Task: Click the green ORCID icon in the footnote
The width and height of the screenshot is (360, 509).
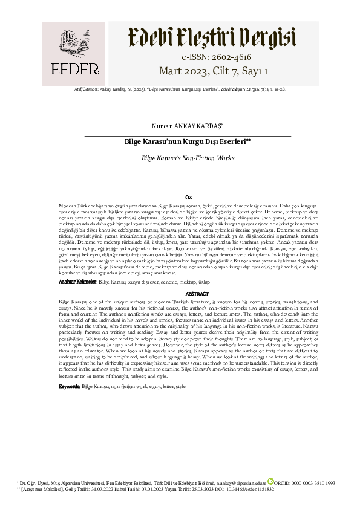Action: point(287,483)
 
